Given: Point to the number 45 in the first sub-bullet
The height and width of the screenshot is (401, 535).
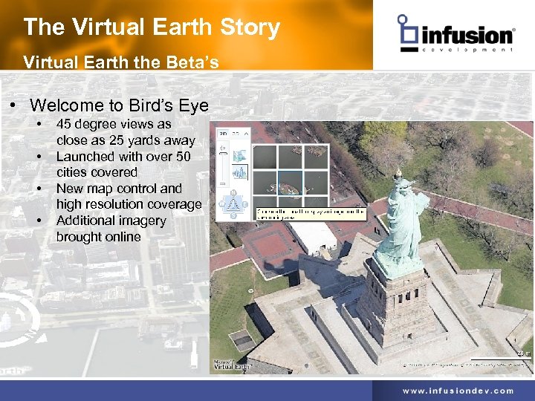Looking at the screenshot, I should (x=64, y=124).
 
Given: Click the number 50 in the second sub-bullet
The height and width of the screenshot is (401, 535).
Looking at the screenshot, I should (x=183, y=156).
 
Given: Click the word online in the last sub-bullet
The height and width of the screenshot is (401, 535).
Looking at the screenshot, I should (x=123, y=237).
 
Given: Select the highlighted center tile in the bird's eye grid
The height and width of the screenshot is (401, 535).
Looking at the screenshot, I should (x=290, y=182).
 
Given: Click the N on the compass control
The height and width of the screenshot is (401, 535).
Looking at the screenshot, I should (x=233, y=192).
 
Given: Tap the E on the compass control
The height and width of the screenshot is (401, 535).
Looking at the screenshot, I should (x=245, y=203).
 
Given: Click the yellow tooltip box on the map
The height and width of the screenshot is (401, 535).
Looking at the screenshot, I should (x=311, y=212).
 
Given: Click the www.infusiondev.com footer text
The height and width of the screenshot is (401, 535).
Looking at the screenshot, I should (x=458, y=391).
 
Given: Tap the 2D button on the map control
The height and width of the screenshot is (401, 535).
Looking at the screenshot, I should (x=222, y=134).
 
